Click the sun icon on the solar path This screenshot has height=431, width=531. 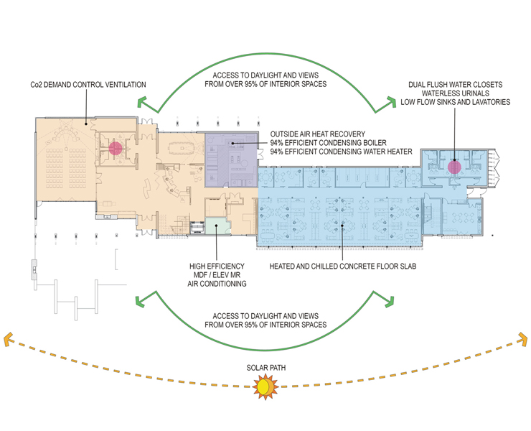coord(265,387)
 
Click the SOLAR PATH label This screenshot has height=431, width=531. coord(265,368)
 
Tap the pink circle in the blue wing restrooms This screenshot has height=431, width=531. coord(454,167)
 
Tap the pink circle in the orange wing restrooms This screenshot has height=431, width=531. coord(116,148)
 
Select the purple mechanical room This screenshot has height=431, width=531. coord(231,159)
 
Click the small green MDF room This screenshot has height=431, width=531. coord(217,226)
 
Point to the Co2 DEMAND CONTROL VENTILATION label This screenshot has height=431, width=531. coord(88,85)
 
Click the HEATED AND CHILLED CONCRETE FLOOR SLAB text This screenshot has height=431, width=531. coord(343,267)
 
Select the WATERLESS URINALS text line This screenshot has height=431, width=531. coord(456,93)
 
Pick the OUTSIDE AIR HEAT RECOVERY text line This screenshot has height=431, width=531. coord(318,134)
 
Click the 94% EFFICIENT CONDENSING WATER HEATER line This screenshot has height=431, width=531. coord(341,152)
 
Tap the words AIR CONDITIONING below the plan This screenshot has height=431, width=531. coord(217,284)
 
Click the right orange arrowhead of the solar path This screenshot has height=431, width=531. coord(523,338)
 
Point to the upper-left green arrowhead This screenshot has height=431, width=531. coord(142,102)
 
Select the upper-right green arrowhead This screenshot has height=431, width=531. coord(391,102)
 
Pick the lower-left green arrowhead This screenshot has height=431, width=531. coord(140,301)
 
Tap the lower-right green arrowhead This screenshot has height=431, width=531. coord(390,301)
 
